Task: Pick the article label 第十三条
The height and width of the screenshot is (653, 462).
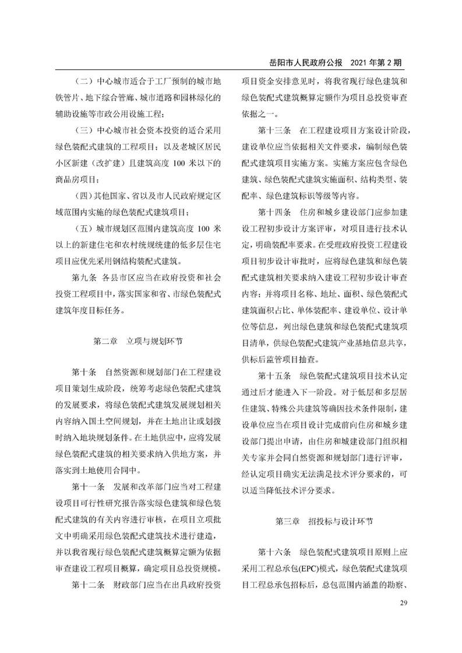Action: point(274,128)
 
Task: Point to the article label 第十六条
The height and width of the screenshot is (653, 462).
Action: point(274,551)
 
